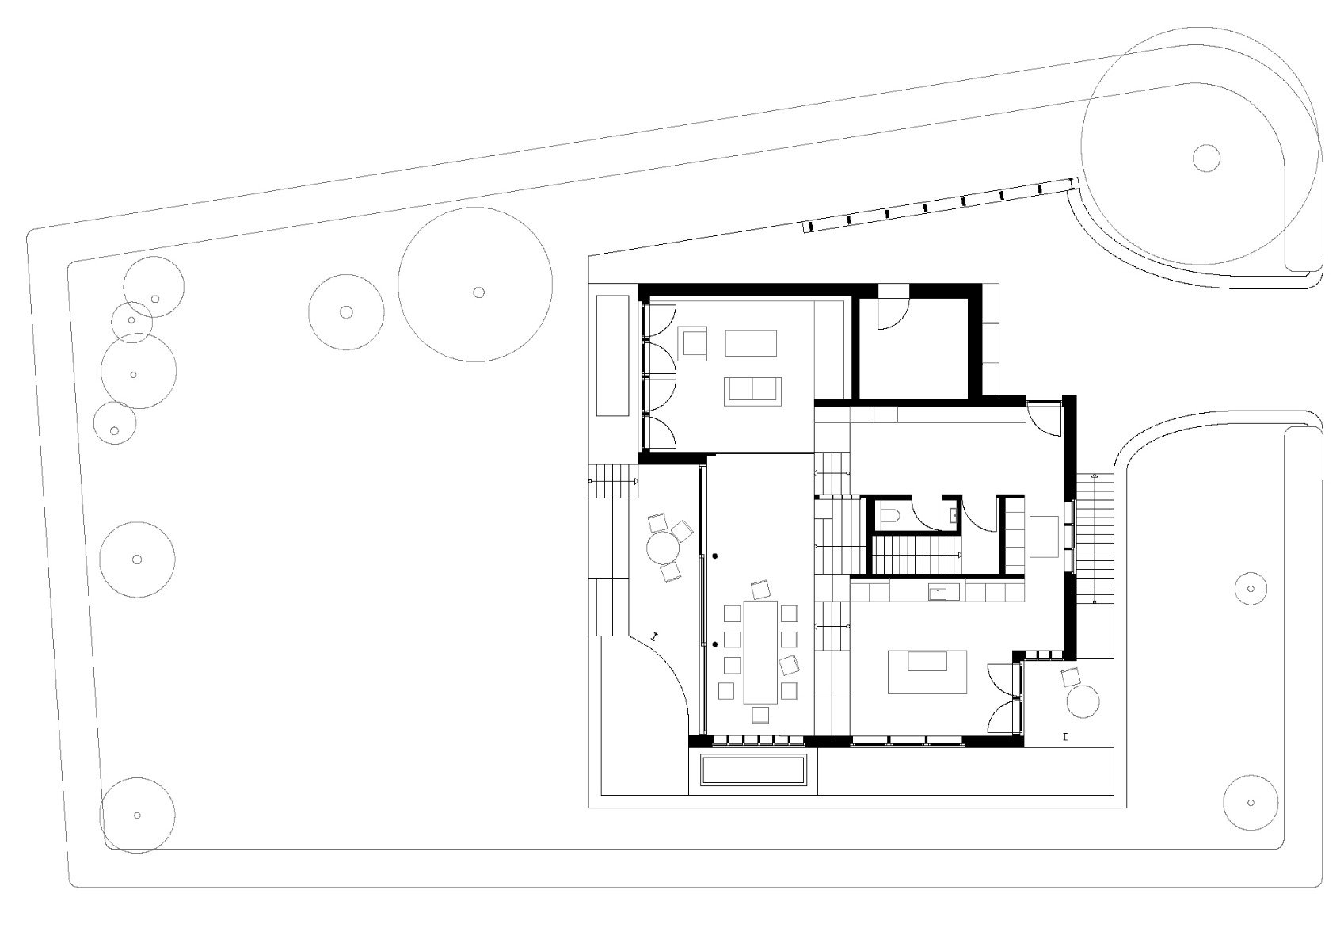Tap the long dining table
pos(761,651)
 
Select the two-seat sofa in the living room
pos(752,391)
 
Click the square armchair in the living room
pos(695,343)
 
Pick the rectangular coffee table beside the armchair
pos(750,343)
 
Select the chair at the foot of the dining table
pos(760,715)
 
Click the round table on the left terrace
pos(664,546)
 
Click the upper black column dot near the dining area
pos(714,556)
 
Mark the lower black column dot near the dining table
pos(714,645)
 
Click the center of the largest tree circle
pos(478,292)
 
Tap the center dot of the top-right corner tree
pos(1205,158)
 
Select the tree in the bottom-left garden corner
pos(137,815)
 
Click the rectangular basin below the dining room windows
pos(752,770)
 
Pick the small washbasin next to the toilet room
pos(952,514)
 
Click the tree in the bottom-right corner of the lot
pos(1251,802)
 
